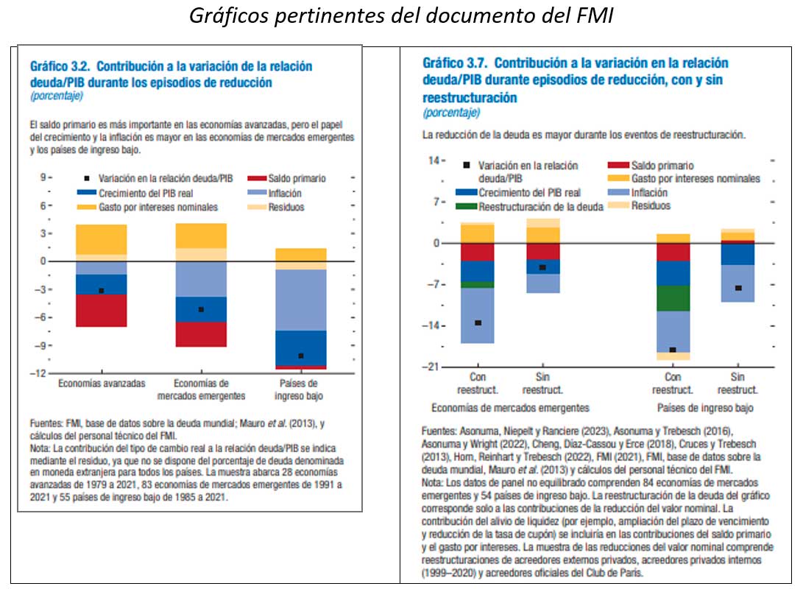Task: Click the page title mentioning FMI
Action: click(x=401, y=16)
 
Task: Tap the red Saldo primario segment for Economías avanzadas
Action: click(x=102, y=310)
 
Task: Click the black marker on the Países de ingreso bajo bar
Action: click(x=301, y=356)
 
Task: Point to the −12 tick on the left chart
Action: click(x=43, y=373)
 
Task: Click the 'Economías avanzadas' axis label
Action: click(x=102, y=384)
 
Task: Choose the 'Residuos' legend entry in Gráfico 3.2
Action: click(x=286, y=207)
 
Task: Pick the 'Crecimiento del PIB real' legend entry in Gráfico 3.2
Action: click(x=141, y=193)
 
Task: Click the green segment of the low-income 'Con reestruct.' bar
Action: click(x=673, y=298)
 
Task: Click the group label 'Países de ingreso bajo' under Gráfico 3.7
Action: click(x=705, y=408)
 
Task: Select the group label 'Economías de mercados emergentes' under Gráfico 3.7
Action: click(x=510, y=408)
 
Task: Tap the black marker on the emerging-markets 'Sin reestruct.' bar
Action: click(x=542, y=267)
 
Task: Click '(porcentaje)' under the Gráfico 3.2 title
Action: click(x=57, y=96)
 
